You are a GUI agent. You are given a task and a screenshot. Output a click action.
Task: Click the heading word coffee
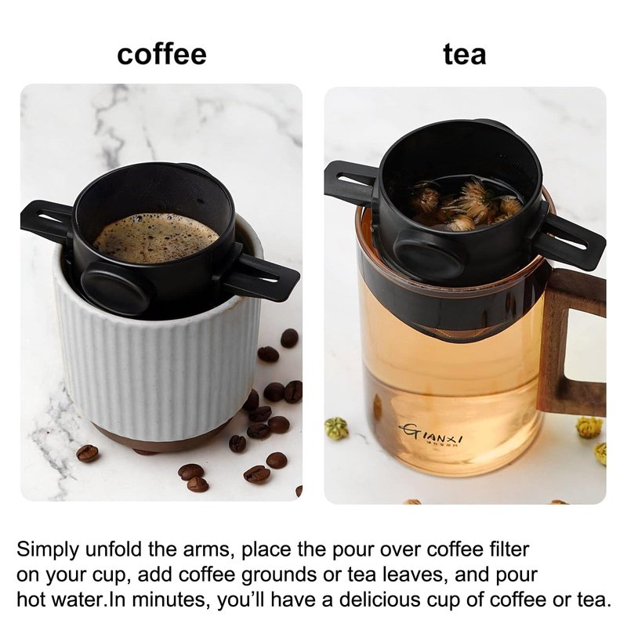tap(161, 54)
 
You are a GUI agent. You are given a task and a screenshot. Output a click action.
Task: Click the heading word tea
tap(465, 54)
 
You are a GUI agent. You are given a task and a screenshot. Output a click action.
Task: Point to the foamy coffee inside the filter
tap(156, 238)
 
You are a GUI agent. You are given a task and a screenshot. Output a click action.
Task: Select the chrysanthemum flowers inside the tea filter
tap(466, 204)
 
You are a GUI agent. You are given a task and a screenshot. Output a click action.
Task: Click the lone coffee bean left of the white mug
tap(87, 454)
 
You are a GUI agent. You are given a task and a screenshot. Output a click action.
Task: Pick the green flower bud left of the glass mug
tap(336, 428)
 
